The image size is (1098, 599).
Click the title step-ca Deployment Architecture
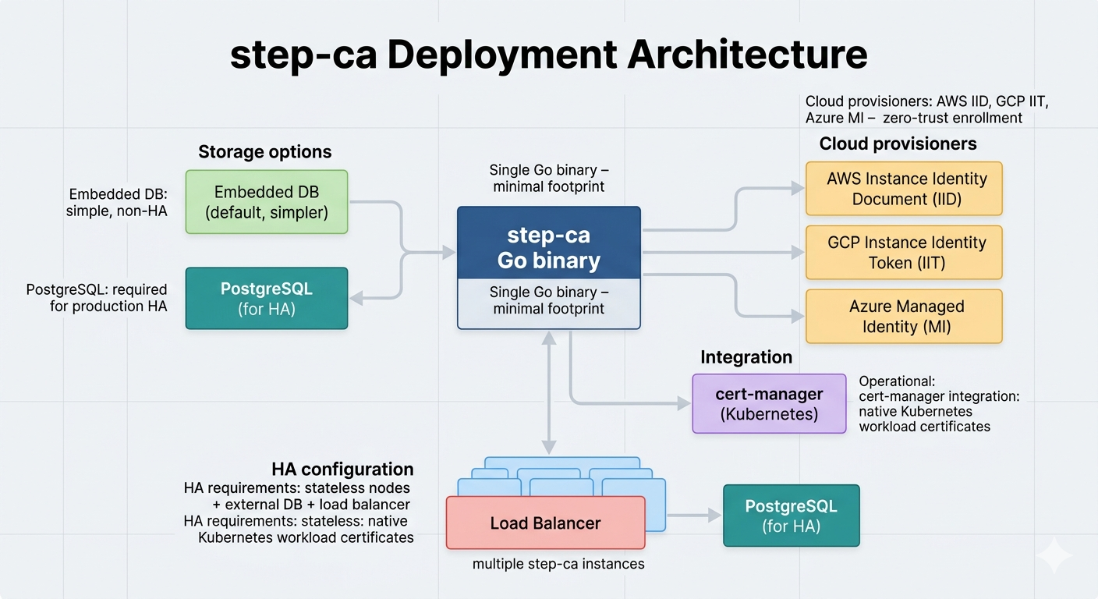pyautogui.click(x=548, y=56)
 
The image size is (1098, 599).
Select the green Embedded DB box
pyautogui.click(x=267, y=202)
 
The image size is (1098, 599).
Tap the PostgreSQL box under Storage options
pyautogui.click(x=267, y=299)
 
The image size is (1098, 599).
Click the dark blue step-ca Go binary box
pyautogui.click(x=548, y=249)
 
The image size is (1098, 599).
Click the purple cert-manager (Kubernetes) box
pyautogui.click(x=769, y=404)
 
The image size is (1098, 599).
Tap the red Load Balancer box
pyautogui.click(x=545, y=523)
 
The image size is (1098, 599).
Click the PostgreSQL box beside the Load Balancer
pyautogui.click(x=791, y=516)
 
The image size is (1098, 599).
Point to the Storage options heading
pyautogui.click(x=264, y=151)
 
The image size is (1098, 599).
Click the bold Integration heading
pyautogui.click(x=746, y=357)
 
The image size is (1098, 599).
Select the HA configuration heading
pyautogui.click(x=342, y=469)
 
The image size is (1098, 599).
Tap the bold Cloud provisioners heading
pyautogui.click(x=898, y=144)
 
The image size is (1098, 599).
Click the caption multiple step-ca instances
pyautogui.click(x=558, y=563)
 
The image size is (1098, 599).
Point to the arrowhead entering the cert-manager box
pyautogui.click(x=684, y=404)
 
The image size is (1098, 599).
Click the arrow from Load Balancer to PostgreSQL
pyautogui.click(x=694, y=516)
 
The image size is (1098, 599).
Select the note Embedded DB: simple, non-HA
pyautogui.click(x=118, y=202)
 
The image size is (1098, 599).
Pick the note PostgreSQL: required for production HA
pyautogui.click(x=97, y=298)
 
